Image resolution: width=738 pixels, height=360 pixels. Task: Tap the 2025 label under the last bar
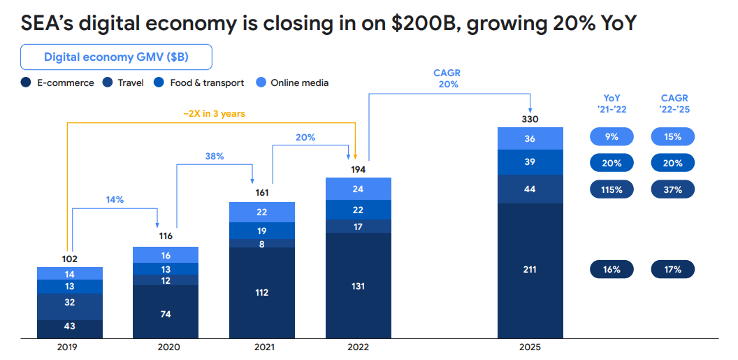tap(530, 347)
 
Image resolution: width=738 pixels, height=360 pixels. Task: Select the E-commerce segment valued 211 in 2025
tap(530, 270)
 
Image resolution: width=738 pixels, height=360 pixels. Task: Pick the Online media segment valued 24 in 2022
tap(358, 189)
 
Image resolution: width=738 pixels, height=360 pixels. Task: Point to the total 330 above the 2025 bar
tap(530, 119)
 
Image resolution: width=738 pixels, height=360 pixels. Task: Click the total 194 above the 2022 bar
tap(358, 169)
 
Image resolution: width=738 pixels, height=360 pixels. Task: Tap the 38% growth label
tap(215, 156)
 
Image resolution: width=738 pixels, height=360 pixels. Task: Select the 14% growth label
tap(115, 199)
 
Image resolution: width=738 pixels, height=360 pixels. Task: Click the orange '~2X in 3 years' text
tap(214, 113)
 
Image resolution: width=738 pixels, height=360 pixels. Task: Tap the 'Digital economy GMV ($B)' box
tap(116, 57)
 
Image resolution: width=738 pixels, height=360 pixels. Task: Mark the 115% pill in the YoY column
tap(612, 189)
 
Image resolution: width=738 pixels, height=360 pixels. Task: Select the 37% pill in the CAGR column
tap(672, 189)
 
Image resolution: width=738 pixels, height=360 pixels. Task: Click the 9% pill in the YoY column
tap(612, 137)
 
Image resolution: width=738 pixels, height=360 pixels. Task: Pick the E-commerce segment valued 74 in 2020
tap(166, 314)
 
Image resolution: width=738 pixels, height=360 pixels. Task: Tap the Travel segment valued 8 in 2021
tap(262, 243)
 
